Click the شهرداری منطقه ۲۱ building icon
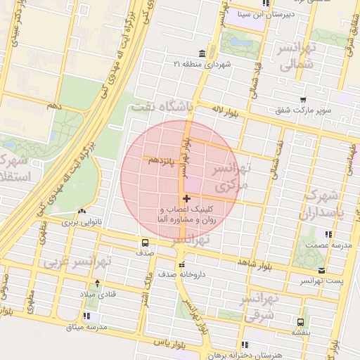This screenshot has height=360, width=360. click(x=202, y=54)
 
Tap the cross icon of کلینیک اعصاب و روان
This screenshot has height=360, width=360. click(x=186, y=200)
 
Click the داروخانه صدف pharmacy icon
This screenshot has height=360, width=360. click(x=181, y=265)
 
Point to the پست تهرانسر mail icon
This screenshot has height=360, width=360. click(x=321, y=270)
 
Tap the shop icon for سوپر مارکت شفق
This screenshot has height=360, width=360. click(x=302, y=100)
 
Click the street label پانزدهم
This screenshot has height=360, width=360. click(x=160, y=160)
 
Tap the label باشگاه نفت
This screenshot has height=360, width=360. click(x=160, y=107)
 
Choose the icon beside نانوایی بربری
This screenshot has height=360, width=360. click(x=84, y=211)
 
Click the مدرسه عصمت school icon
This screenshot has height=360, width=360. click(x=328, y=233)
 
